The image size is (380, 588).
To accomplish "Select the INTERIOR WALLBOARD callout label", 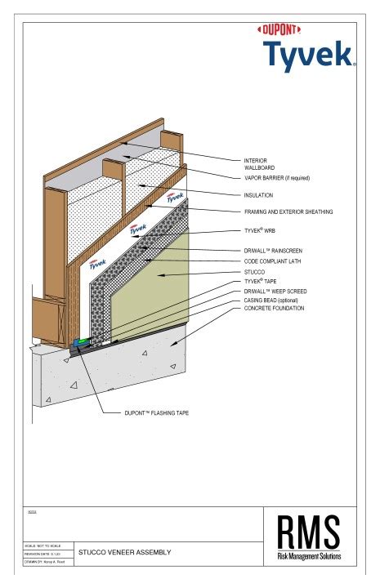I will [x=256, y=163].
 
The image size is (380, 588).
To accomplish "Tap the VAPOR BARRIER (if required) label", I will [x=277, y=177].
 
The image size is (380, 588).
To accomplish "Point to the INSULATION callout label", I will [x=258, y=195].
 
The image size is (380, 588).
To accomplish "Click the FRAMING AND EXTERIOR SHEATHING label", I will [x=288, y=212].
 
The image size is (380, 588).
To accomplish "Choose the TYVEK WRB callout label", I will [x=260, y=230].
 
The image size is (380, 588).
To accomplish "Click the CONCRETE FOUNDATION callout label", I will [x=274, y=309].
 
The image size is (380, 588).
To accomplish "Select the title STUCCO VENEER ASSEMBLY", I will [x=124, y=553].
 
